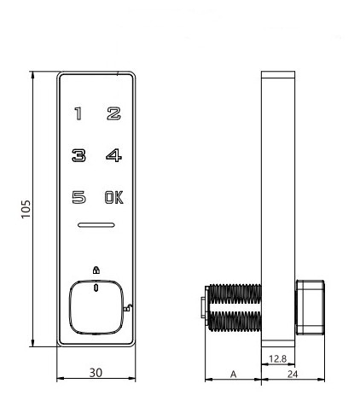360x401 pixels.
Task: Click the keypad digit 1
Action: click(x=78, y=113)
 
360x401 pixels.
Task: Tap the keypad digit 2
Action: click(x=113, y=113)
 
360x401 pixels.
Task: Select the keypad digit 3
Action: click(x=78, y=155)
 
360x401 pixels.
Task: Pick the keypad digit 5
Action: click(x=78, y=197)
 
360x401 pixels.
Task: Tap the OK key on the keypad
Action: click(x=114, y=197)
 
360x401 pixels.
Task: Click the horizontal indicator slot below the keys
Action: click(x=96, y=225)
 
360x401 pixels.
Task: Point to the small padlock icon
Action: click(x=96, y=270)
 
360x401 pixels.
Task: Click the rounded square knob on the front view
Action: click(x=96, y=307)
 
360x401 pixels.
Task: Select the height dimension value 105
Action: click(x=26, y=209)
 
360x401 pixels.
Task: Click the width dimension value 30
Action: click(x=96, y=373)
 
